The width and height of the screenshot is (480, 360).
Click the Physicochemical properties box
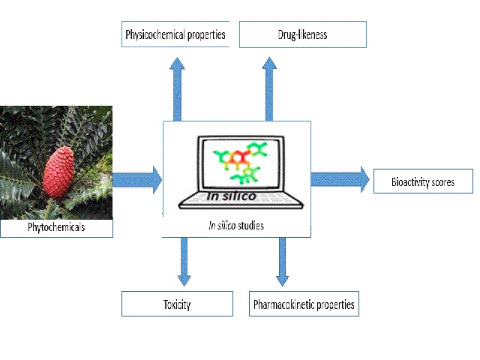[175, 34]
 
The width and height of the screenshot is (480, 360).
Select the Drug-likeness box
[303, 34]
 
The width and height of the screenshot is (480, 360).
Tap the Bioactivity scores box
[423, 181]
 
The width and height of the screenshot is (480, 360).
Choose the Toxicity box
[177, 304]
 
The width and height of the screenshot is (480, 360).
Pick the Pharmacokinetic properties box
[304, 304]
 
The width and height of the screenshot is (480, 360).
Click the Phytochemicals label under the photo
[56, 227]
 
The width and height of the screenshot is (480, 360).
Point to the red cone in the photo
[58, 172]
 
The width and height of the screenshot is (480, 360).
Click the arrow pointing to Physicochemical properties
[177, 89]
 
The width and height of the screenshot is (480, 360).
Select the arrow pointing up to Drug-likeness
[269, 89]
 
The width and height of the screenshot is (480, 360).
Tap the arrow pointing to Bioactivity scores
[340, 179]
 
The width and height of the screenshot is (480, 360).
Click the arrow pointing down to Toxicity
[184, 262]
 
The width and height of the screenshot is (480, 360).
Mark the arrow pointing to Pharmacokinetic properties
[282, 262]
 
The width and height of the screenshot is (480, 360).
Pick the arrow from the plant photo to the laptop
[137, 180]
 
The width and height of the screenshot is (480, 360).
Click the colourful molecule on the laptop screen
[240, 162]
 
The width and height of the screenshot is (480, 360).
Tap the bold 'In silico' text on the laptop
[232, 196]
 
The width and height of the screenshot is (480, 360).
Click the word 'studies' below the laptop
[250, 226]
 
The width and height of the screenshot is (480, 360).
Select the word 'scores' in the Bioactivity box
[442, 182]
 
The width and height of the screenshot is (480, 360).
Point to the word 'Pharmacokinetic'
[283, 304]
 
